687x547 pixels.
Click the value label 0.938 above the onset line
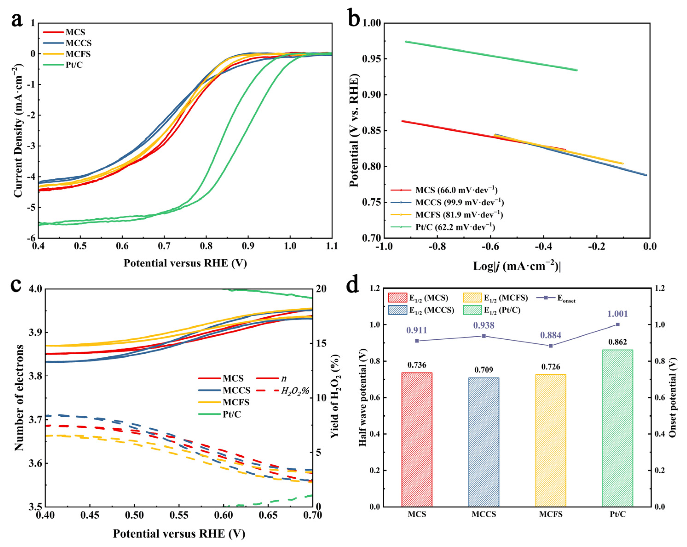coord(483,325)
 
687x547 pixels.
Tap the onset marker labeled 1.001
coord(618,324)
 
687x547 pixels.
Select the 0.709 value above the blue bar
coord(483,370)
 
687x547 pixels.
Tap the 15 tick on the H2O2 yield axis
coord(321,343)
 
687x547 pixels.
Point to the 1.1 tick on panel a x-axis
coord(332,246)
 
